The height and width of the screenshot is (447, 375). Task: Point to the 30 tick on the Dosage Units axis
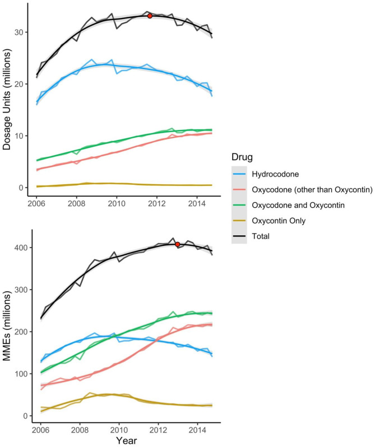(21, 32)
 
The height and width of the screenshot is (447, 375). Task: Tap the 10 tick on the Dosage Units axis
(21, 136)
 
